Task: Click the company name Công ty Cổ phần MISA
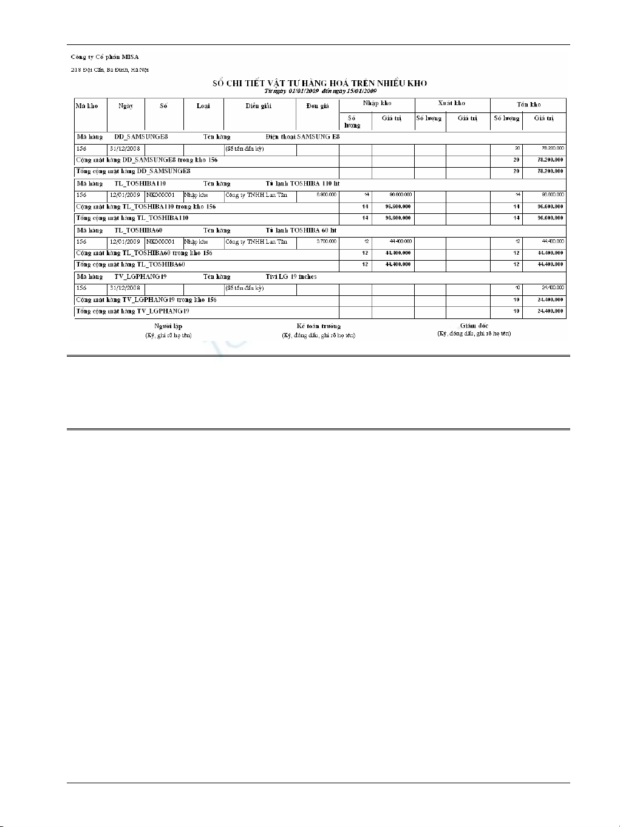tap(104, 57)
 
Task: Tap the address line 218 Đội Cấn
tap(110, 70)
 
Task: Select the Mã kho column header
tap(87, 106)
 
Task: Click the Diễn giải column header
tap(259, 106)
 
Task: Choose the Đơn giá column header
tap(318, 106)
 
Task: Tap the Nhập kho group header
tap(377, 103)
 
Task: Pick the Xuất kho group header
tap(452, 103)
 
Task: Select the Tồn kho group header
tap(528, 105)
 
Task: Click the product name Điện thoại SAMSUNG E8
tap(302, 137)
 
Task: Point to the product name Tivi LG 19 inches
tap(291, 276)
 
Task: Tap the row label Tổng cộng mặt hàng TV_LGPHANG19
tap(133, 311)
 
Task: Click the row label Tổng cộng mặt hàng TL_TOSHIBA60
tap(131, 264)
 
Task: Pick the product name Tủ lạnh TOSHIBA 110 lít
tap(302, 184)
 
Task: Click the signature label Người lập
tap(168, 326)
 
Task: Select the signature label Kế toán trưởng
tap(319, 326)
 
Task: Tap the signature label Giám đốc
tap(474, 326)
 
